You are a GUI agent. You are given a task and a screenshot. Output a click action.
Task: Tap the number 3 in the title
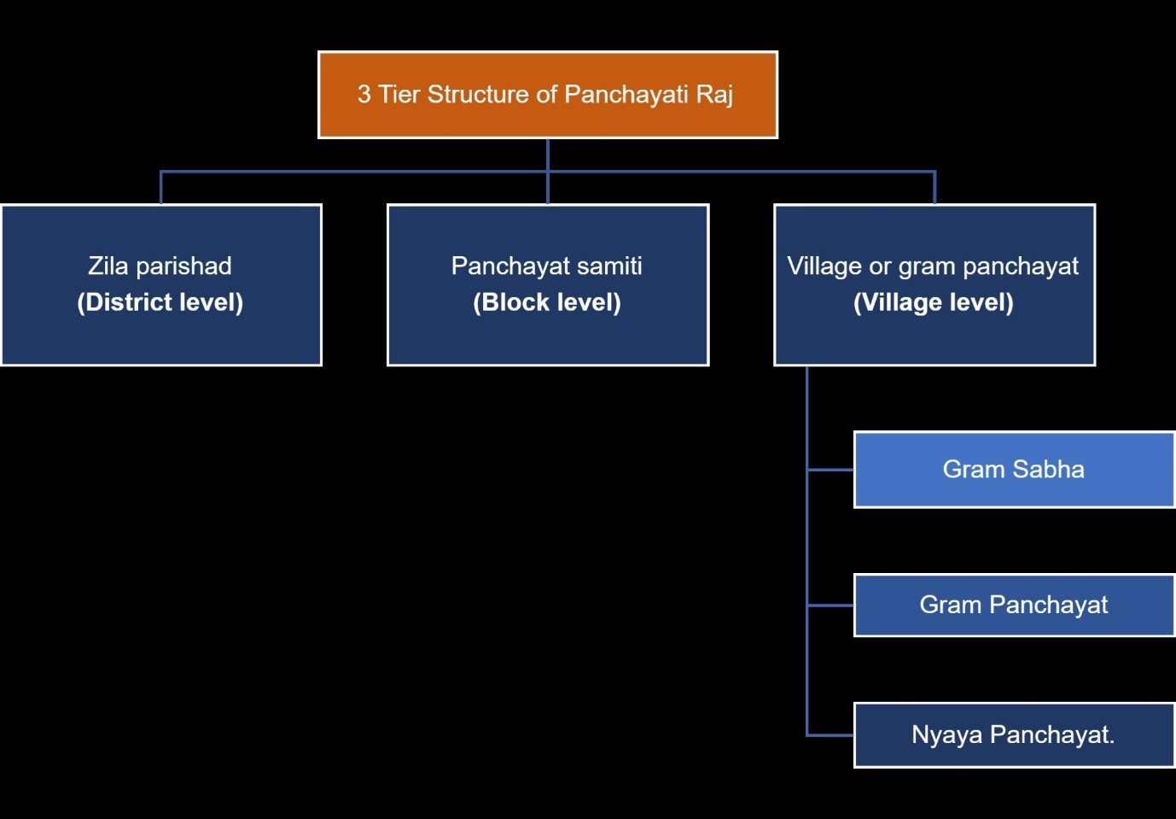[364, 94]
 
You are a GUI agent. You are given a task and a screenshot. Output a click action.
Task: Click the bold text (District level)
[160, 302]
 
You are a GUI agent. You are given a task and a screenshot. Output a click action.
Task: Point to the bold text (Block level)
[547, 302]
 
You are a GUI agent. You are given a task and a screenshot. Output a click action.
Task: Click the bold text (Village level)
[934, 302]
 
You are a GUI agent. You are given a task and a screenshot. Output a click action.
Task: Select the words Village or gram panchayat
[933, 266]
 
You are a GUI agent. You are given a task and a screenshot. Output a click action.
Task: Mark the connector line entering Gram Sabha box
[830, 469]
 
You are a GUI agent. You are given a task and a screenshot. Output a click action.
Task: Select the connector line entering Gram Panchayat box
[830, 605]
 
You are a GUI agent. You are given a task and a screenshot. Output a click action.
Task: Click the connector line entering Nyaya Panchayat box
[830, 734]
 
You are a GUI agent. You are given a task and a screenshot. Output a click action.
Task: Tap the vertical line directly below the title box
[547, 155]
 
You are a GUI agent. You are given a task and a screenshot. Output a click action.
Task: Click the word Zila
[108, 266]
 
